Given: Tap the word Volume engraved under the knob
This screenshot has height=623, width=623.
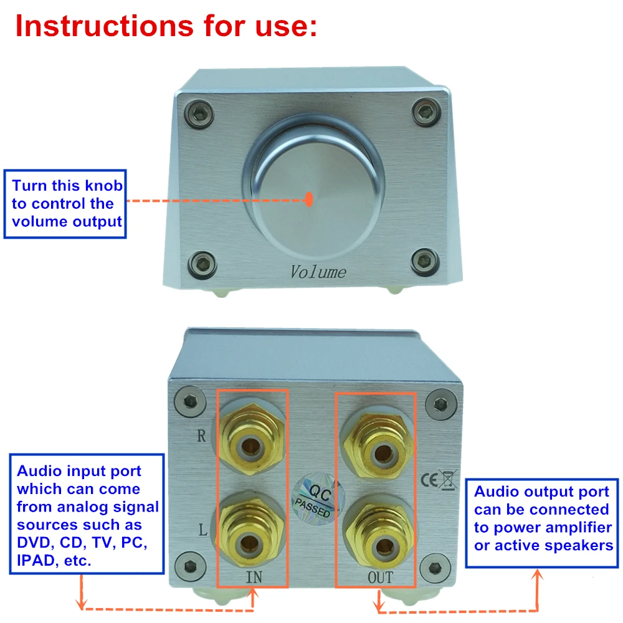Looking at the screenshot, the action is (318, 273).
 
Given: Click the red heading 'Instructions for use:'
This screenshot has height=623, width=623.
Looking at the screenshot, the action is (166, 26).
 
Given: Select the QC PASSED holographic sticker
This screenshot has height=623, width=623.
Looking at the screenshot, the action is (318, 498).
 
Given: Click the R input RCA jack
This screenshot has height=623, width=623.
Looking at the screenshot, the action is (250, 440).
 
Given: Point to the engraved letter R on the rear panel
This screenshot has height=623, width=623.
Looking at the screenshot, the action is (201, 436).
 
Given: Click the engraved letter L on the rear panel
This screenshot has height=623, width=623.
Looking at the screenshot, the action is (202, 530).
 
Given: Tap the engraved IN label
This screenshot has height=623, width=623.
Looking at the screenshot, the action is (254, 577).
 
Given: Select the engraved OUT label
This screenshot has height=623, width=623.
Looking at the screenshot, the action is (380, 578).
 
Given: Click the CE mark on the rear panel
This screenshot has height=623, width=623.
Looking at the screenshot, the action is (429, 480).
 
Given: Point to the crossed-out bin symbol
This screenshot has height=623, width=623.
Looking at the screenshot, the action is (448, 480).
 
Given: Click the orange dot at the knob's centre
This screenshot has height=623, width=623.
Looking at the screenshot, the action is (309, 199).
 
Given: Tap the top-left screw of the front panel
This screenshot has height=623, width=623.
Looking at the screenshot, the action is (199, 115).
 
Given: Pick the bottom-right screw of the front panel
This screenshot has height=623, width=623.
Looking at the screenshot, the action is (425, 262).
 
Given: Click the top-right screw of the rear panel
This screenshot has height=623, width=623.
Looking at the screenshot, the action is (440, 404).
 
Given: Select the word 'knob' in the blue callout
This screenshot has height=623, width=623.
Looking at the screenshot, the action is (104, 186).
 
